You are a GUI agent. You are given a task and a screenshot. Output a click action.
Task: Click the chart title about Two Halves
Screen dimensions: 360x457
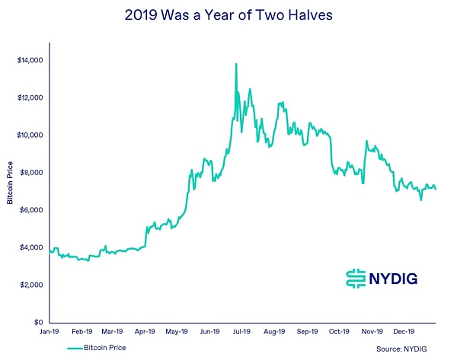pyautogui.click(x=228, y=16)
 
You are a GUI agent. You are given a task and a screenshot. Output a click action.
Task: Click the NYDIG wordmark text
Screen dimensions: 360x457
pyautogui.click(x=397, y=279)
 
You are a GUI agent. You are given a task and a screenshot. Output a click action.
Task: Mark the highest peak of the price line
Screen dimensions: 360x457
pyautogui.click(x=236, y=64)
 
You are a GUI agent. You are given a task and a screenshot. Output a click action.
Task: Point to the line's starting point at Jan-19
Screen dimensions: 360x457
pyautogui.click(x=50, y=250)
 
